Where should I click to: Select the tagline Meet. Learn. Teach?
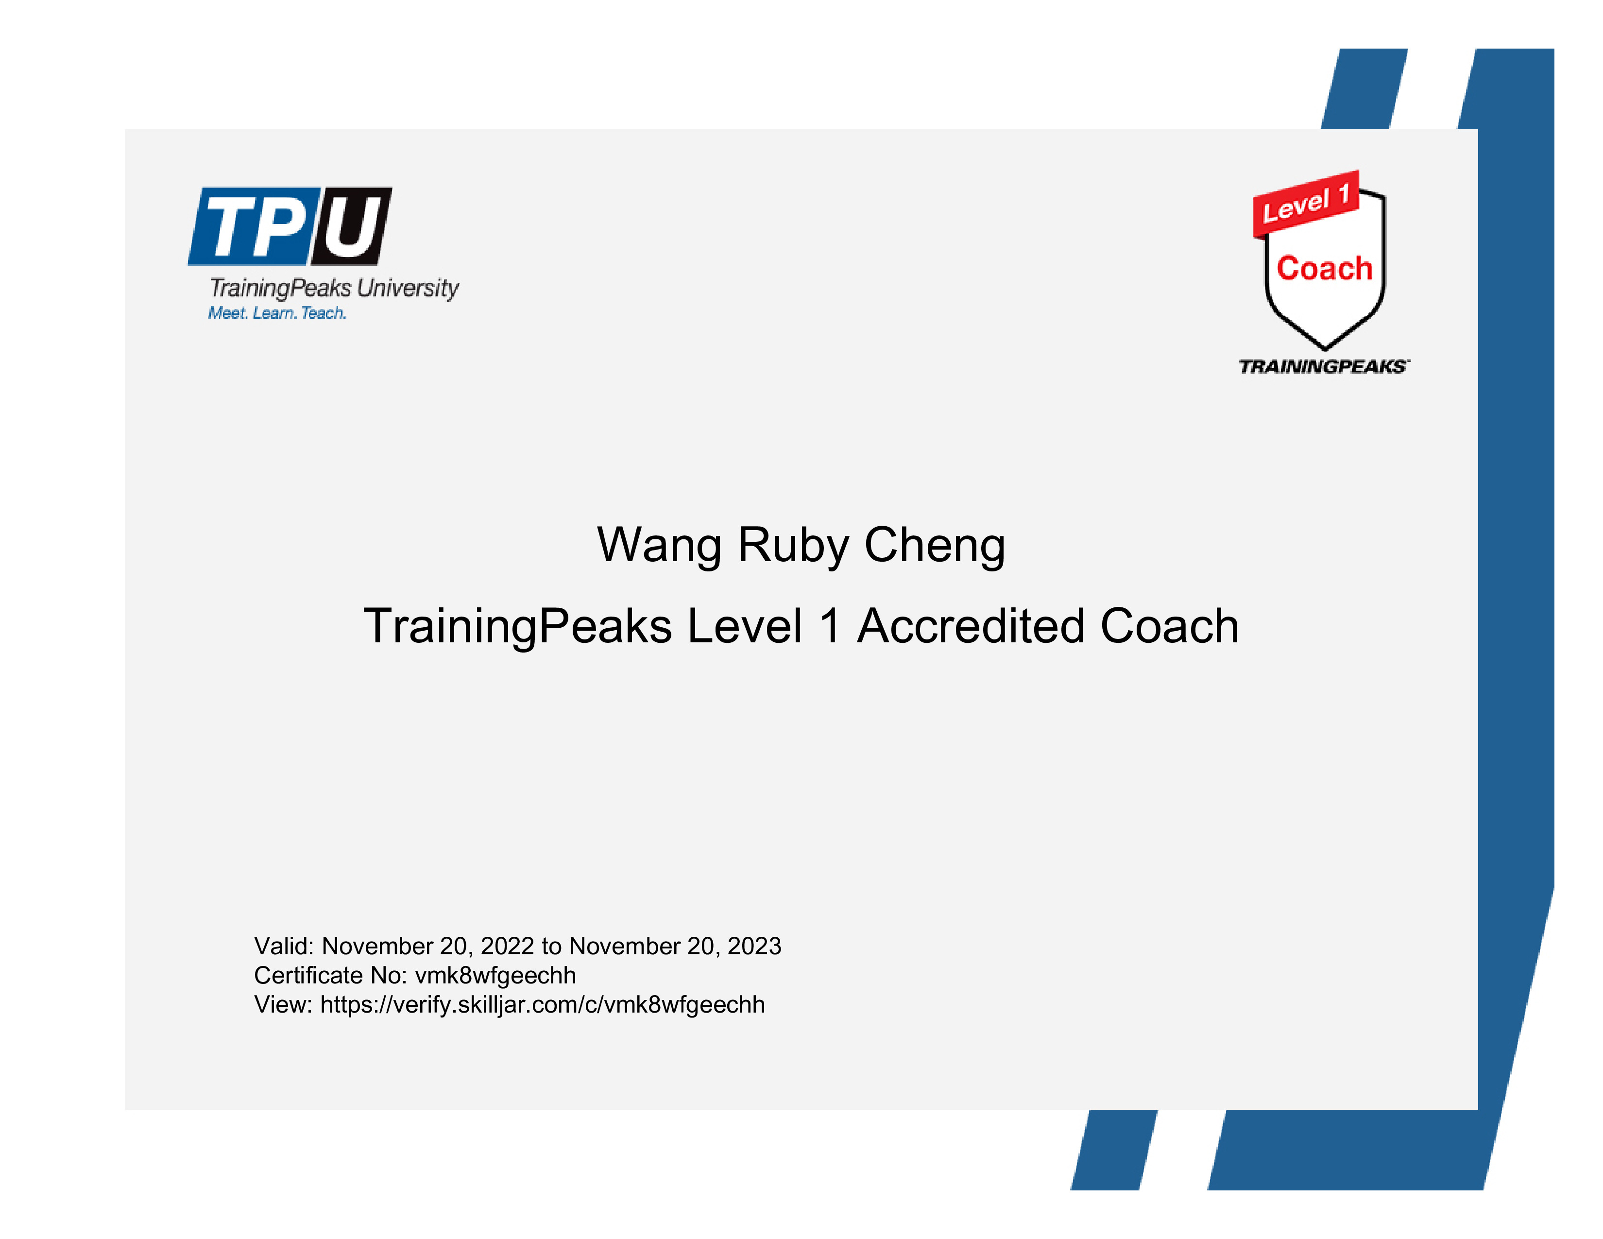(277, 313)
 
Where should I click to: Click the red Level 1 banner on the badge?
(1306, 204)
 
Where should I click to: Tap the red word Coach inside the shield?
(1325, 269)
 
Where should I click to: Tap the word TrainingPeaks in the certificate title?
(517, 628)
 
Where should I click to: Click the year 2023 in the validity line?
(754, 946)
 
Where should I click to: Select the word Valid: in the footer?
(284, 946)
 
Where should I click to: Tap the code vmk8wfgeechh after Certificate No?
(495, 976)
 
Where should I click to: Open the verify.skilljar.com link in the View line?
(543, 1005)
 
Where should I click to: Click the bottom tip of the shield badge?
(1325, 349)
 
